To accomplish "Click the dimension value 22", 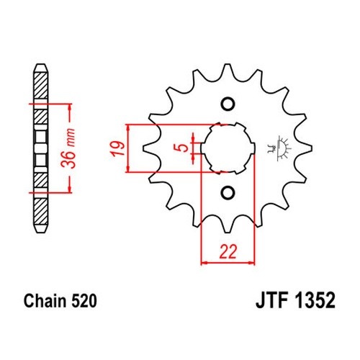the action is click(228, 252).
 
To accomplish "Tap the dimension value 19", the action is click(117, 149).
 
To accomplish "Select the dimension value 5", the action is click(184, 148).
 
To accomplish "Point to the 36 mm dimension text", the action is click(68, 148).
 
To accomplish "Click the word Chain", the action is click(45, 300).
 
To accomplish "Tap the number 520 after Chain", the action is click(84, 300).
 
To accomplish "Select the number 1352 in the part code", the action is click(315, 300).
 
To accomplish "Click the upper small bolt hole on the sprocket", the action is click(228, 104).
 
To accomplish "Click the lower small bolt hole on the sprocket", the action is click(228, 192).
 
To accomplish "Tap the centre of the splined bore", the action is click(228, 148).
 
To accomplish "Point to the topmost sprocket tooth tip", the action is click(228, 64).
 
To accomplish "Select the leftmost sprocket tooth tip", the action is click(143, 148).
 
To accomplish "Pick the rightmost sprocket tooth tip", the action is click(312, 148).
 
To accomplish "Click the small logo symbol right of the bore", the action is click(279, 148).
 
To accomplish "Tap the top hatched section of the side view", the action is click(40, 85).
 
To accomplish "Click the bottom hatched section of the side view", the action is click(40, 212).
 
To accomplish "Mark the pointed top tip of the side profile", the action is click(40, 64).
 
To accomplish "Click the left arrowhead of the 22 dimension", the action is click(203, 263).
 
